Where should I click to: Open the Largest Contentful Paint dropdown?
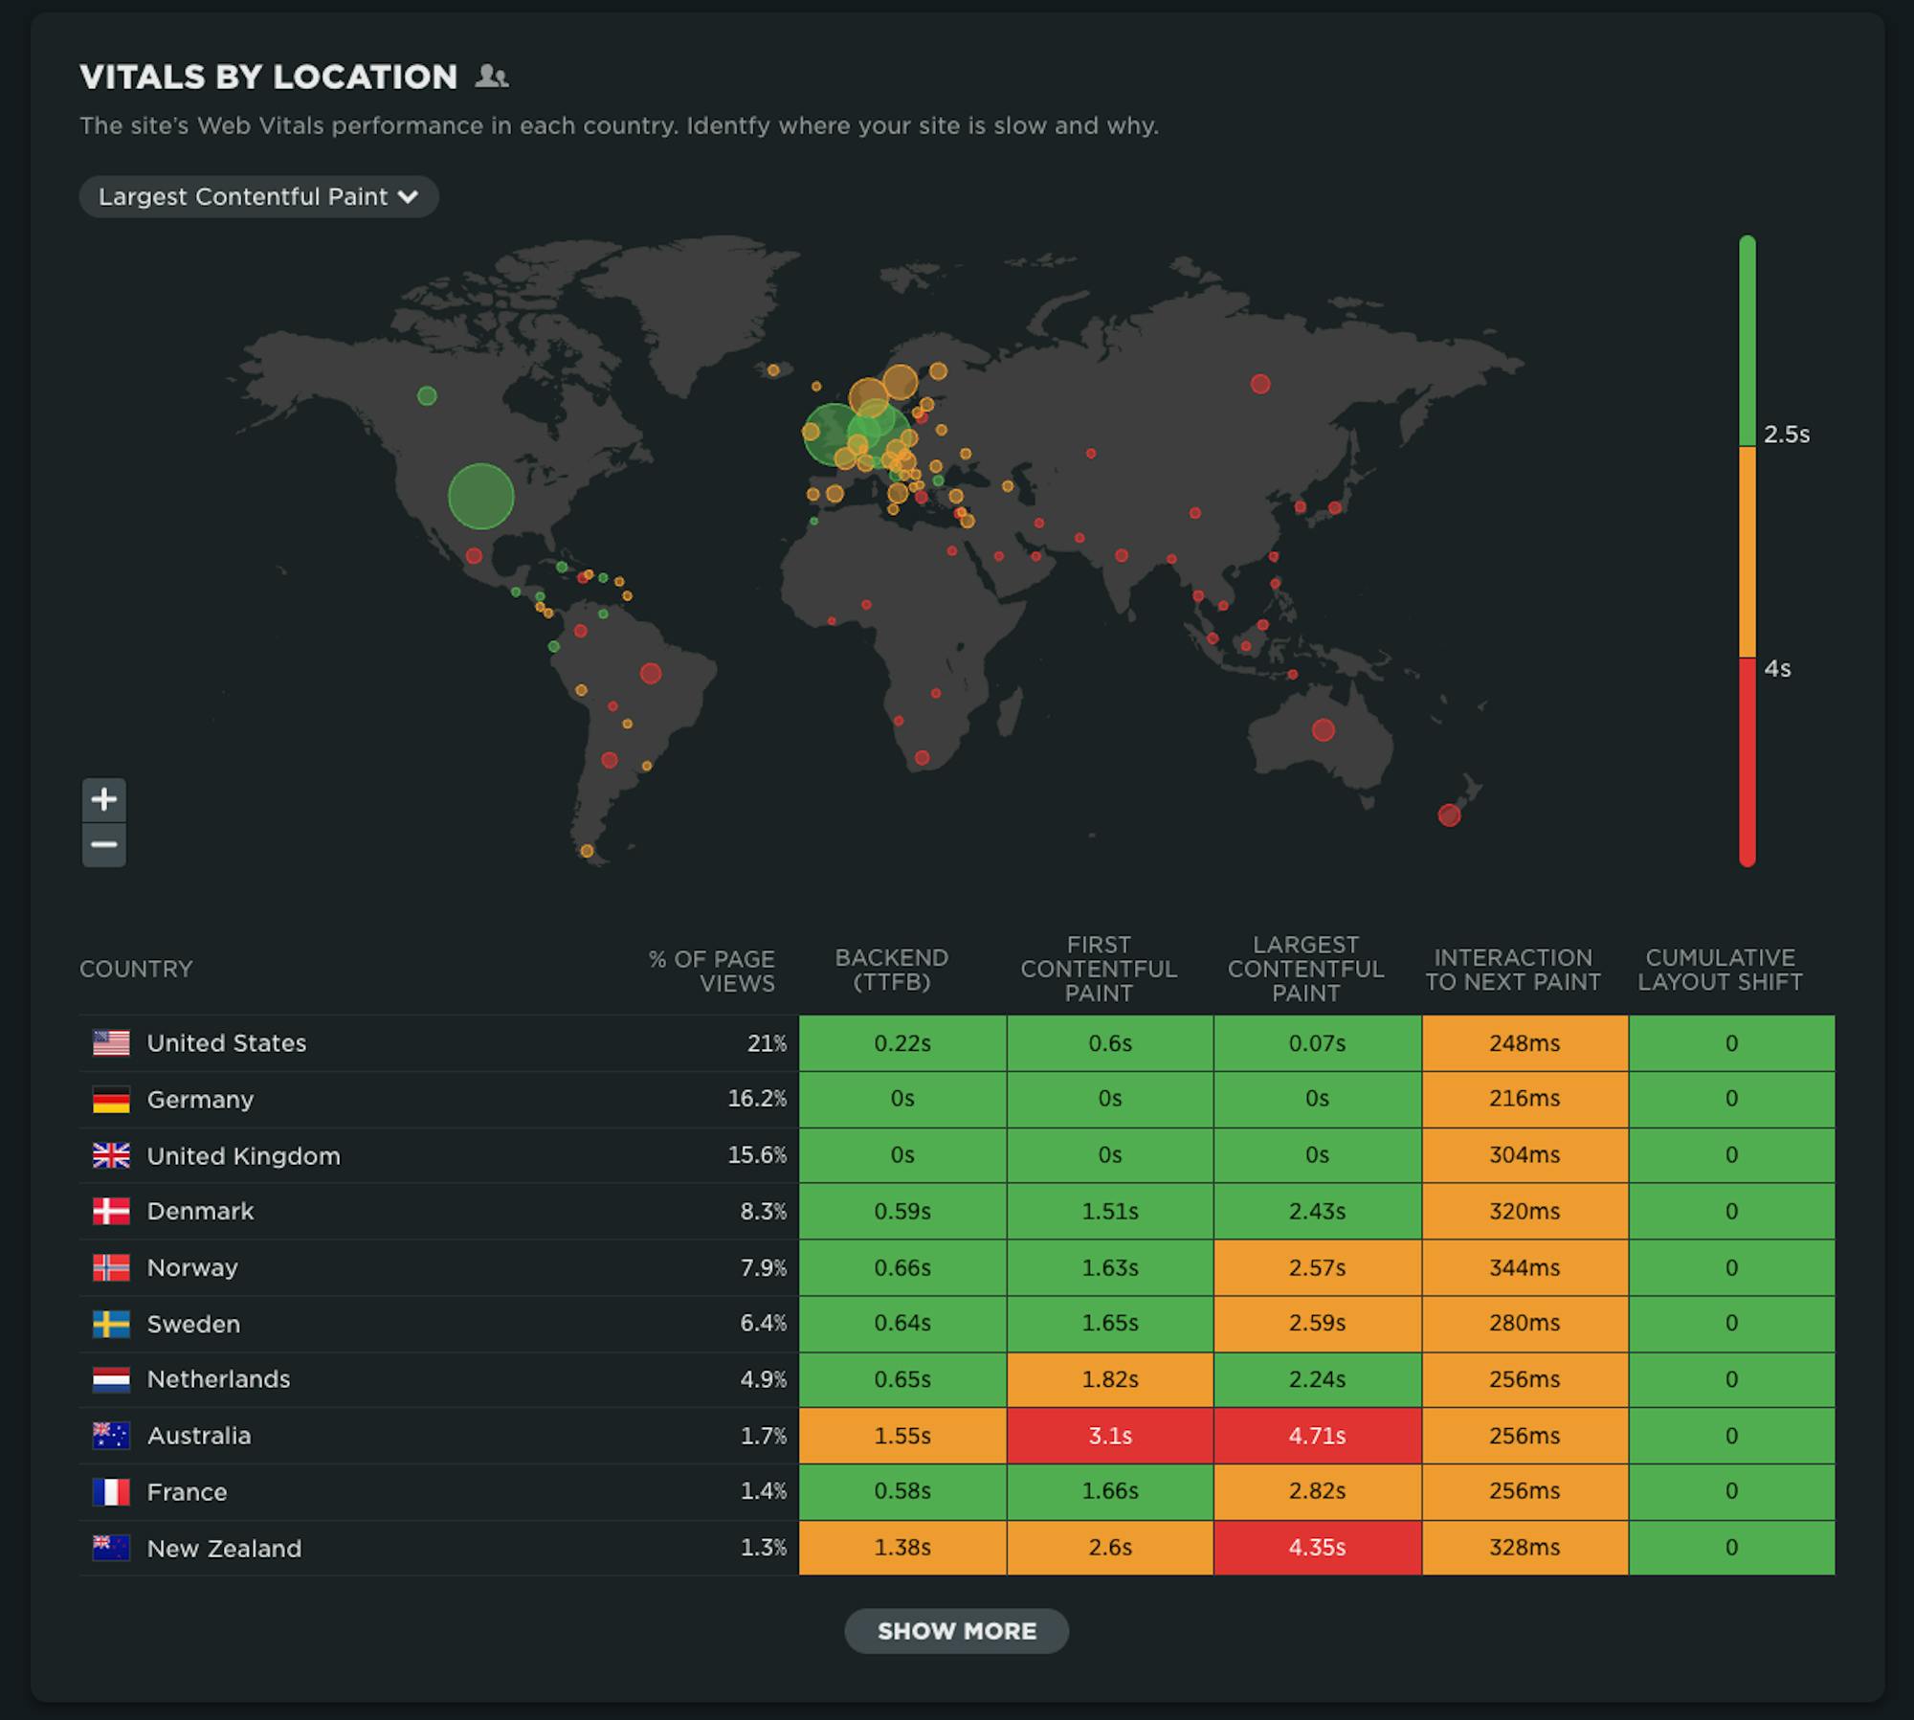tap(258, 196)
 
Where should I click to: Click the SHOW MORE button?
tap(956, 1631)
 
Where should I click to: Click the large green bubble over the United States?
tap(481, 496)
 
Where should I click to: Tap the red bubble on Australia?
tap(1324, 730)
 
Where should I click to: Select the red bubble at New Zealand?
tap(1450, 815)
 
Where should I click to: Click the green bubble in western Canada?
tap(427, 395)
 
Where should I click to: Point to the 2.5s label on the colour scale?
tap(1787, 435)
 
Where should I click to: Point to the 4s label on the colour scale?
tap(1777, 669)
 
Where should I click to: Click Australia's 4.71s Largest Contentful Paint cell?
tap(1317, 1436)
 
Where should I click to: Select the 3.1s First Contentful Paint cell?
tap(1110, 1436)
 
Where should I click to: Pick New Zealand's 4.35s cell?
tap(1317, 1548)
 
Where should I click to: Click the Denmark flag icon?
tap(111, 1212)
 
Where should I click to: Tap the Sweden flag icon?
tap(111, 1324)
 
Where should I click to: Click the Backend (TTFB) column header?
tap(891, 970)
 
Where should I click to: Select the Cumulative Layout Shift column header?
tap(1720, 970)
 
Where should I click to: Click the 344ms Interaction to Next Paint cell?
tap(1525, 1267)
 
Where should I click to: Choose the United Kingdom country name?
tap(243, 1156)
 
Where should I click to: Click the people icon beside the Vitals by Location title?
tap(492, 77)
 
